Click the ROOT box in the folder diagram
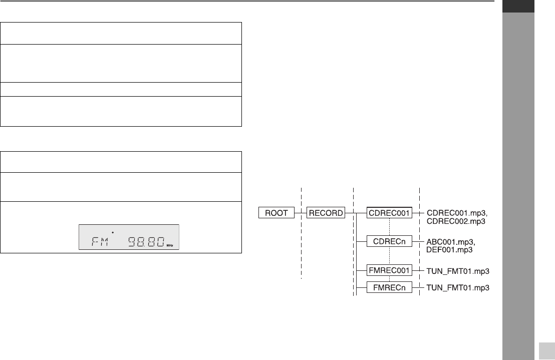(276, 213)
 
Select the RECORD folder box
(326, 213)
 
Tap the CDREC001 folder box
(389, 213)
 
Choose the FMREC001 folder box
(389, 271)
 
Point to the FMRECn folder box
(389, 288)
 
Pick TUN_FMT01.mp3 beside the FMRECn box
(457, 288)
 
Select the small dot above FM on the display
(113, 232)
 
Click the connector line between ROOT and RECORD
(300, 213)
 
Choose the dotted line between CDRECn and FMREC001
(389, 257)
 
